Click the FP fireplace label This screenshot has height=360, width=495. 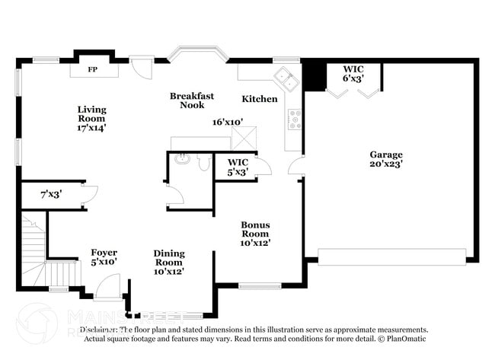93,69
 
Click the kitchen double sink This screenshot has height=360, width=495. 286,76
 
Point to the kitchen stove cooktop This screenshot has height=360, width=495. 294,119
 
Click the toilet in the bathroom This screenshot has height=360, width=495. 203,161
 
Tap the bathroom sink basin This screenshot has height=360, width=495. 181,160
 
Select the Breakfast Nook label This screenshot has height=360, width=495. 191,100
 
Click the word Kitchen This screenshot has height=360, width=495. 260,99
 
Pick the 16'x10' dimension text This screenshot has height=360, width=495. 227,122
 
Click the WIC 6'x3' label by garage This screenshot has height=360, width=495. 353,73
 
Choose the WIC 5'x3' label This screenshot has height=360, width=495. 238,167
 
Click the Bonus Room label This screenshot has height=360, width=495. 256,234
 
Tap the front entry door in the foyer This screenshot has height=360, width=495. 107,288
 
